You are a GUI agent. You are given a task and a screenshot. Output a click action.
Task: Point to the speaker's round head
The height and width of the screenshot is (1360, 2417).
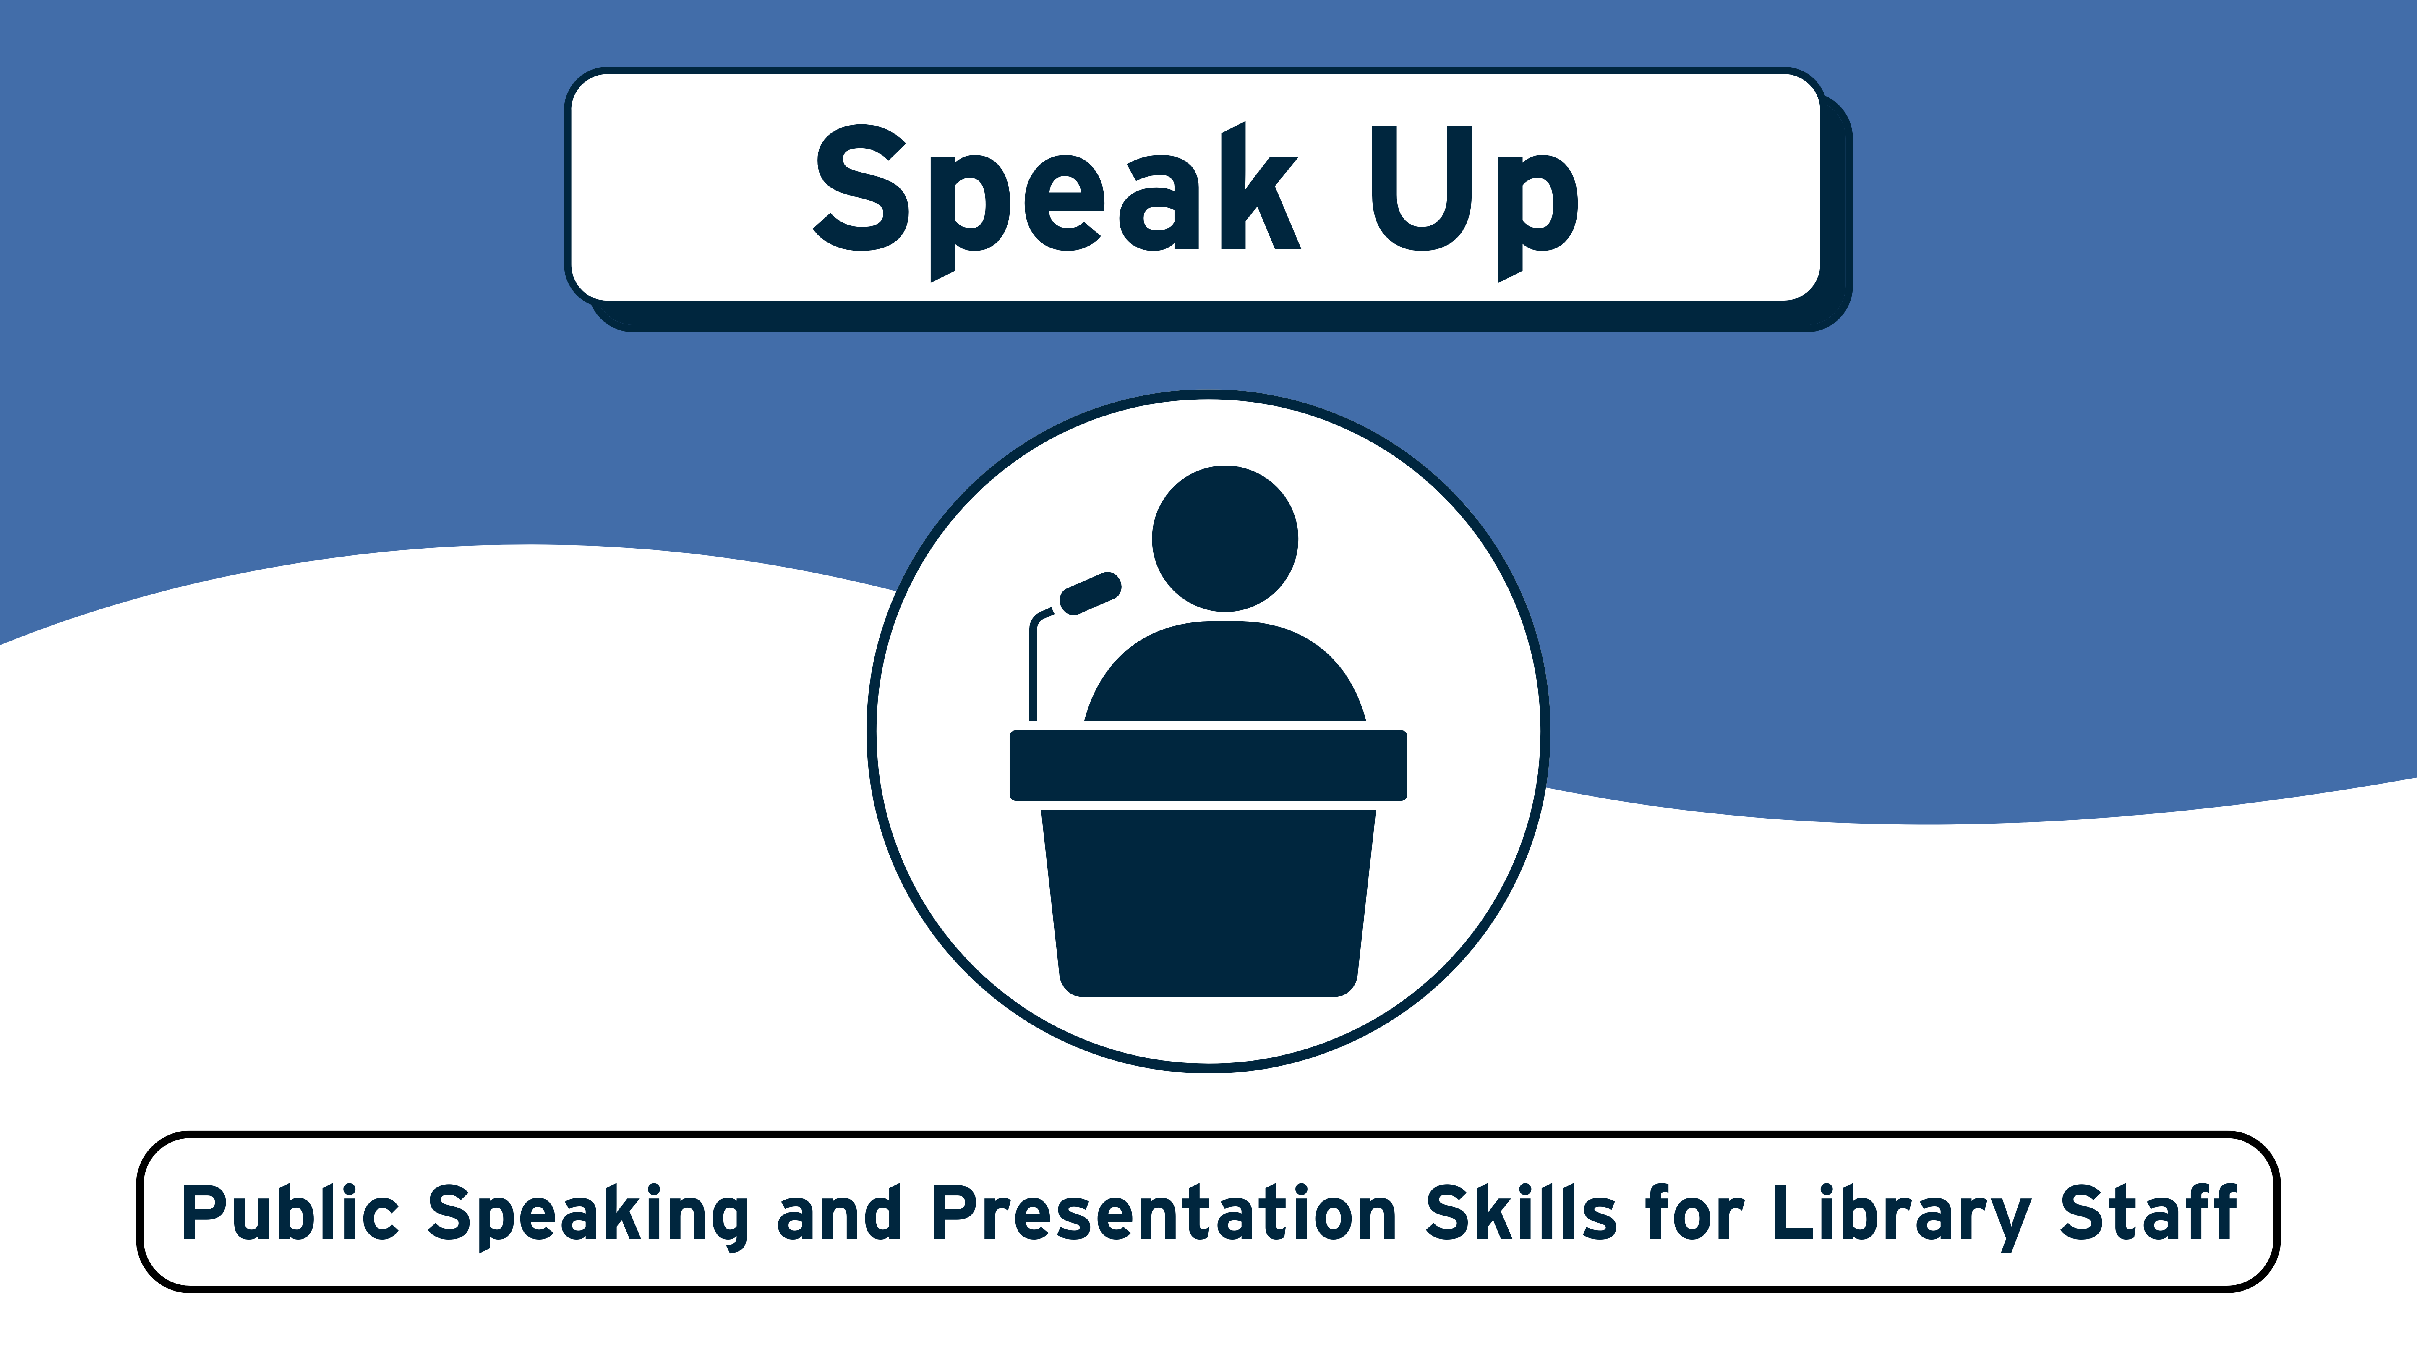pyautogui.click(x=1224, y=539)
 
